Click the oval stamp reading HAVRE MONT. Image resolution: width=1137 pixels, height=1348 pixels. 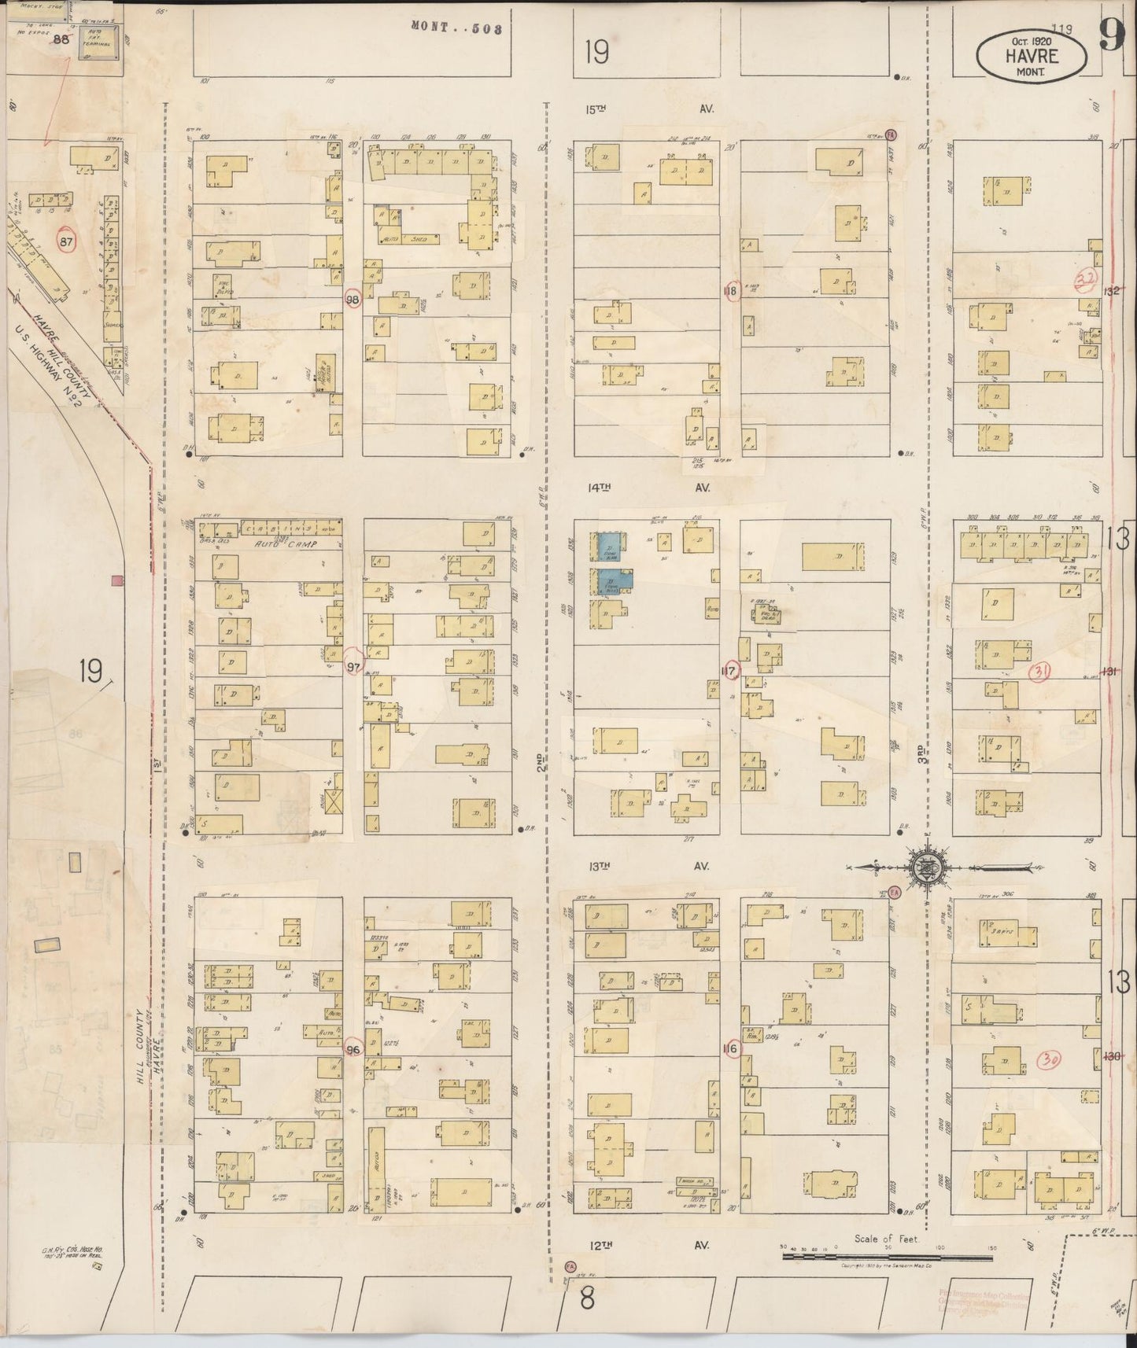coord(1032,57)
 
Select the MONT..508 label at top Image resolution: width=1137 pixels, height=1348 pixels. coord(456,28)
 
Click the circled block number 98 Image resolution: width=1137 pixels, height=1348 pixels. coord(353,300)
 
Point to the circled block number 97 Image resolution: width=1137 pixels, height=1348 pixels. coord(354,668)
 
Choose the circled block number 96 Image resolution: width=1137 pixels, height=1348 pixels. coord(353,1050)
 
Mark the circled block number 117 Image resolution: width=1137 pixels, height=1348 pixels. coord(730,671)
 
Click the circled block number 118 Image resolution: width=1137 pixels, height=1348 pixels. coord(730,291)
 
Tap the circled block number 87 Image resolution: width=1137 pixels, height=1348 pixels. coord(65,242)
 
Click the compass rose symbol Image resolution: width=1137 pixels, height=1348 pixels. coord(928,867)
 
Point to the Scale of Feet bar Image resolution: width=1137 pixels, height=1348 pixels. coord(885,1258)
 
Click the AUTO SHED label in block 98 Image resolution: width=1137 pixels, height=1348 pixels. coord(404,238)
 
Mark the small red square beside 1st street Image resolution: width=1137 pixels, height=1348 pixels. coord(117,580)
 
